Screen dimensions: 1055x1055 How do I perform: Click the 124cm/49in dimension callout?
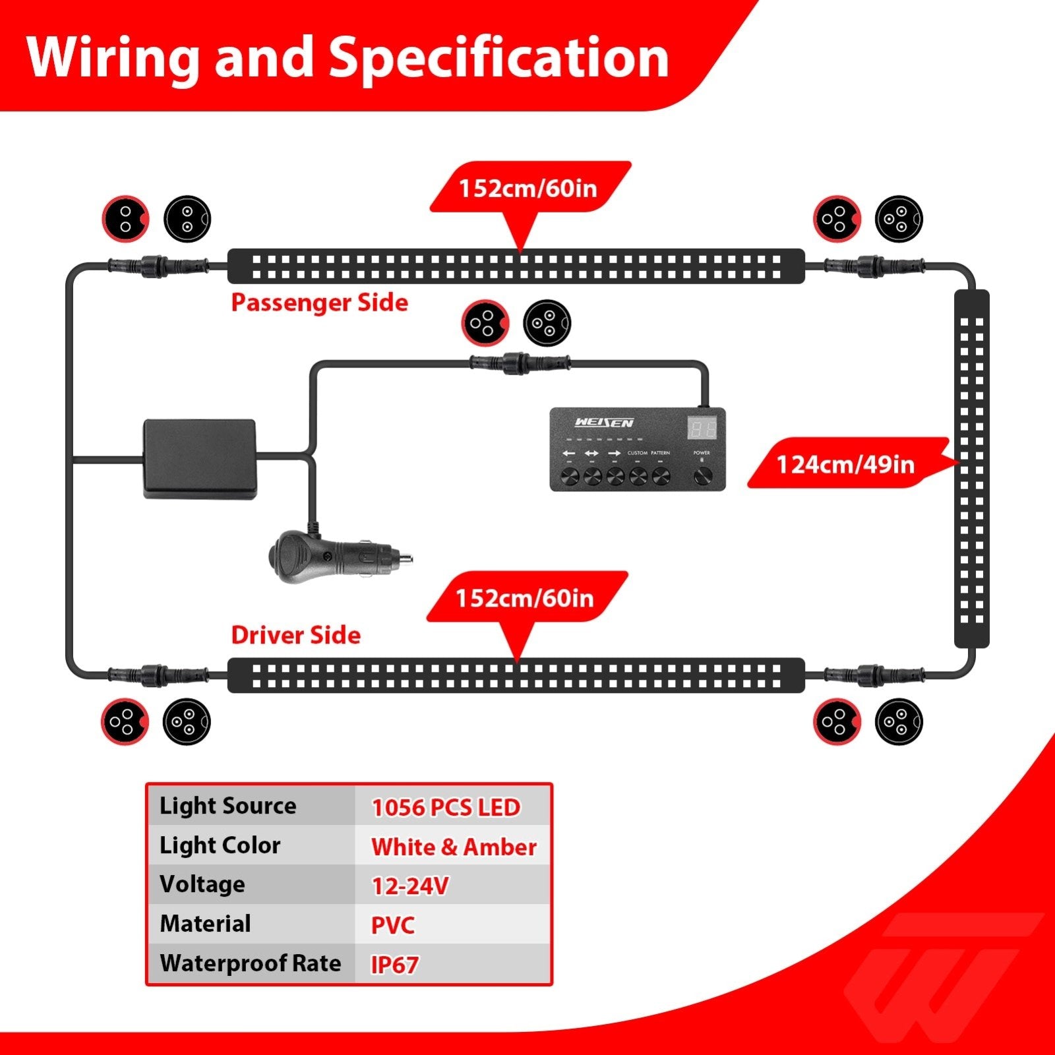845,464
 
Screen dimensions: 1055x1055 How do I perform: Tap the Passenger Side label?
319,303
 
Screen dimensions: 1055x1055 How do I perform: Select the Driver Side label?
296,635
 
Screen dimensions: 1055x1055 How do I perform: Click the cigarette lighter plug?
336,559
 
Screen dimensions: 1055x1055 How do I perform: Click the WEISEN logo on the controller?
603,423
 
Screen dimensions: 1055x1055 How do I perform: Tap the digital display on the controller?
702,429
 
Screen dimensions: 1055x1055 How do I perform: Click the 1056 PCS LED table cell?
446,807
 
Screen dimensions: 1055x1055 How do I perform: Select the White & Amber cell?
454,847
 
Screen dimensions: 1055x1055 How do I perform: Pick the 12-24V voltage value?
410,886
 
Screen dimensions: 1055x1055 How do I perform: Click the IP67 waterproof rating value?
394,965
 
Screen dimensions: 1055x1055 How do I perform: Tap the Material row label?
205,924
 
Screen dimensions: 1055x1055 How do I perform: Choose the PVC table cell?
392,925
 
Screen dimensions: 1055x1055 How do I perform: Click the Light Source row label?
227,806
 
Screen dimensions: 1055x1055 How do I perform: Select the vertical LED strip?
971,468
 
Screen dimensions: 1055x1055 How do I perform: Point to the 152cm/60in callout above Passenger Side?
527,188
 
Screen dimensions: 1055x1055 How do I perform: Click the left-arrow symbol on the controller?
568,454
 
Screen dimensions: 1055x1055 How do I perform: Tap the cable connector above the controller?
520,362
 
